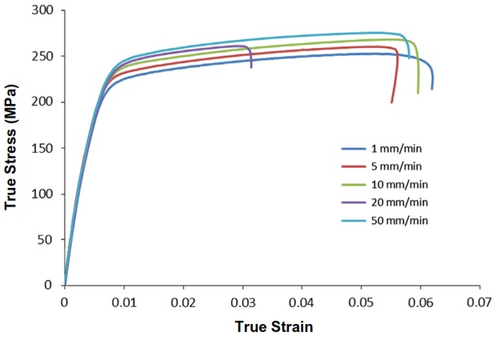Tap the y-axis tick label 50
point(50,239)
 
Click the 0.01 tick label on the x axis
point(124,303)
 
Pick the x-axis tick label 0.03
point(242,303)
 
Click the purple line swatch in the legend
point(354,202)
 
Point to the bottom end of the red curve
point(392,102)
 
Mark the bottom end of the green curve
point(418,93)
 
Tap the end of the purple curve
point(251,67)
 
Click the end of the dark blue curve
point(432,89)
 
